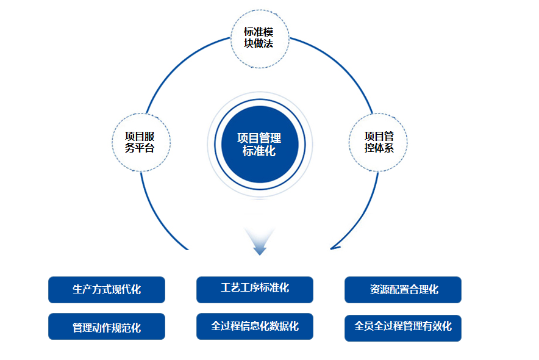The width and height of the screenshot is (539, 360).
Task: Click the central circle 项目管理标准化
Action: coord(259,145)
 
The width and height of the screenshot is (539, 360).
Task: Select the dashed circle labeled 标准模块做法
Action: coord(259,38)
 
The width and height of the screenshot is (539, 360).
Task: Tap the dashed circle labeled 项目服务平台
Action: coord(141,142)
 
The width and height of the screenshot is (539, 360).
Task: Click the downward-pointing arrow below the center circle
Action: coord(260,243)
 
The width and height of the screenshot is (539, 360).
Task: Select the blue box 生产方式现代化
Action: coord(107,290)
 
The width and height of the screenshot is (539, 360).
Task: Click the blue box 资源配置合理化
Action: coord(402,290)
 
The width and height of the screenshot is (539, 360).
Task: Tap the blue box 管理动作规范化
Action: coord(107,326)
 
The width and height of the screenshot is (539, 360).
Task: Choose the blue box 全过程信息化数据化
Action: coord(254,326)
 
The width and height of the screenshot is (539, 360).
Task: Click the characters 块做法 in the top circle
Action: coord(259,44)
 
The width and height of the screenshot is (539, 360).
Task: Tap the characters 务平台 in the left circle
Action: coord(140,148)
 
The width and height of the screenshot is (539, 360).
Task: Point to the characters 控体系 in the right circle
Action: coord(379,148)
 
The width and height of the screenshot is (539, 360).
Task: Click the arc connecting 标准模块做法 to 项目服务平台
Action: coord(177,67)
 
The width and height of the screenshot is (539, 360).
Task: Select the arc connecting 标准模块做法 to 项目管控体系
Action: coord(341,67)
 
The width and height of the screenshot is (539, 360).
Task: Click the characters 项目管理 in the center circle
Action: coord(259,139)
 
